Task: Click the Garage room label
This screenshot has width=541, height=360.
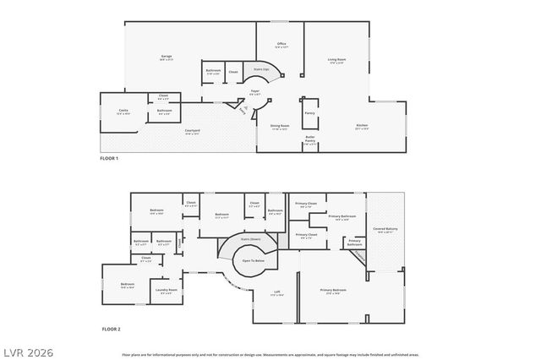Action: pos(167,57)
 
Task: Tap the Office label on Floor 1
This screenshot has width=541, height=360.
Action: pos(281,44)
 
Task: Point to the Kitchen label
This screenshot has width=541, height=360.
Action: pos(362,128)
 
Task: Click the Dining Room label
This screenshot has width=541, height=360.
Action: pos(280,127)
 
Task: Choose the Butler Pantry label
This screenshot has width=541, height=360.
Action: pos(310,141)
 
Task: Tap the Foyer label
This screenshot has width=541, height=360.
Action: pos(254,92)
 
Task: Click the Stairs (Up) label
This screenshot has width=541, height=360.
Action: pos(262,70)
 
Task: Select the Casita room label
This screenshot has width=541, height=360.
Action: pos(123,111)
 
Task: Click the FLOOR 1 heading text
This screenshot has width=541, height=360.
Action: pos(109,159)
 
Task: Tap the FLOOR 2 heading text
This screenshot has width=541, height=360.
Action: pos(111,328)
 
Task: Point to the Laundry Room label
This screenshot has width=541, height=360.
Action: pos(167,292)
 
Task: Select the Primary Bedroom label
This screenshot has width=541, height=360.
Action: pos(333,291)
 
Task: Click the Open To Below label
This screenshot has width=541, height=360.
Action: pos(254,261)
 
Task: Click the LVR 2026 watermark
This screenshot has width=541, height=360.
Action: pos(27,349)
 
